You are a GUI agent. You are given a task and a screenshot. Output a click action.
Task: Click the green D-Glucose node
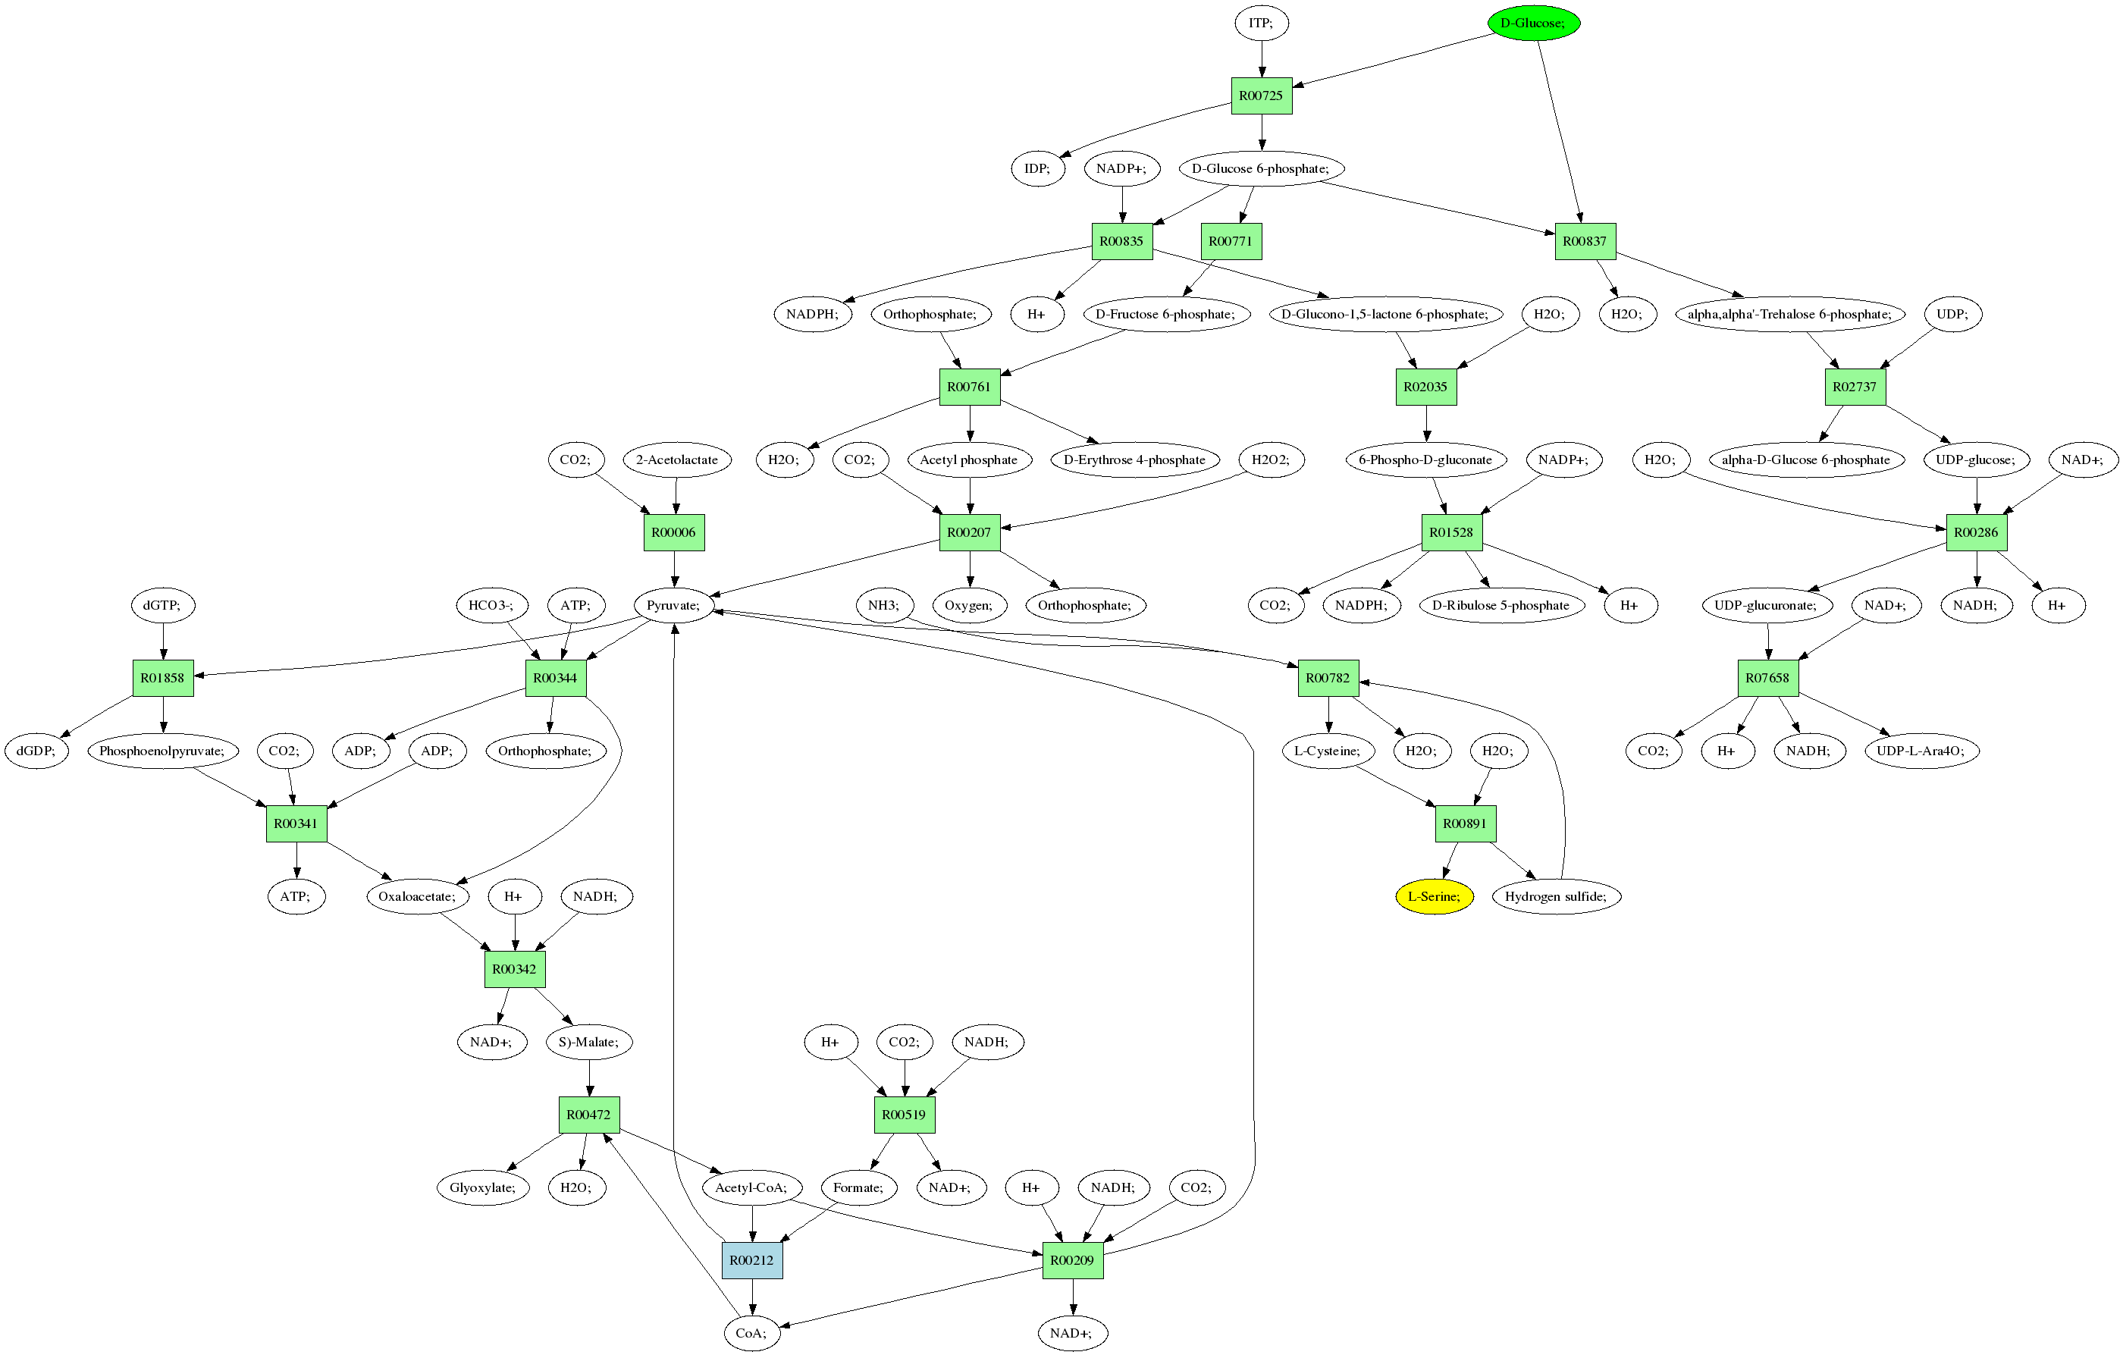(1532, 23)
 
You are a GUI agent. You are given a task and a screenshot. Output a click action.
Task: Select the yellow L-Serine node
(1434, 896)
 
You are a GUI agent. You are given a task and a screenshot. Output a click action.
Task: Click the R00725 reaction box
(1261, 96)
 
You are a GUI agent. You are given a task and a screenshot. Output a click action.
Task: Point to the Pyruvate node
(673, 605)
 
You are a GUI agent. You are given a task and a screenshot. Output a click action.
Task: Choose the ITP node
(1261, 23)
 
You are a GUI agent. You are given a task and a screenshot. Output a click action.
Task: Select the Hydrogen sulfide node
(1555, 896)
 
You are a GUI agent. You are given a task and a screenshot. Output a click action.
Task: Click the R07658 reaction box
(1767, 678)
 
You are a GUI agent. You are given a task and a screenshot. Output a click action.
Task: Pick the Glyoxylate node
(482, 1187)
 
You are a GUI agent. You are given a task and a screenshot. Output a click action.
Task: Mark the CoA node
(751, 1333)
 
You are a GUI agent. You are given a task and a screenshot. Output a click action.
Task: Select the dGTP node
(162, 605)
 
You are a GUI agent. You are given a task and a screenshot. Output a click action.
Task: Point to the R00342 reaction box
(514, 969)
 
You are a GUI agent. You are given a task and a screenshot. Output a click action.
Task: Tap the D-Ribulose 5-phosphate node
(1501, 605)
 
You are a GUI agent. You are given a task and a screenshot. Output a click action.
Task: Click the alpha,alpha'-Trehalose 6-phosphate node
(1789, 314)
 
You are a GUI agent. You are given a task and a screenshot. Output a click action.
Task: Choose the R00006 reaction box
(673, 532)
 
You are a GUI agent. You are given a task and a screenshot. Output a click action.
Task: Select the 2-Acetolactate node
(676, 460)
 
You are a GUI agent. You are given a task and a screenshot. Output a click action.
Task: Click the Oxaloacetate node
(417, 896)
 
